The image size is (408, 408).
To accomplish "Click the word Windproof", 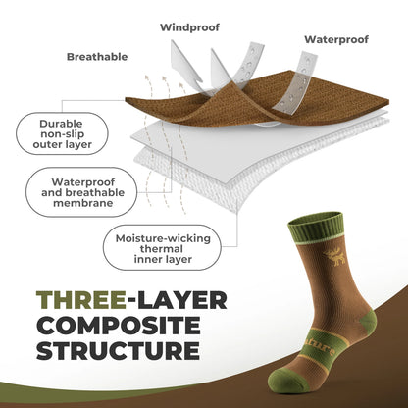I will (189, 25).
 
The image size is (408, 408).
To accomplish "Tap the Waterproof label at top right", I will (336, 40).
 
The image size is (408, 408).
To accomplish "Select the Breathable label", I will (97, 57).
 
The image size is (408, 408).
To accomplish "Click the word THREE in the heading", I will (78, 300).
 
